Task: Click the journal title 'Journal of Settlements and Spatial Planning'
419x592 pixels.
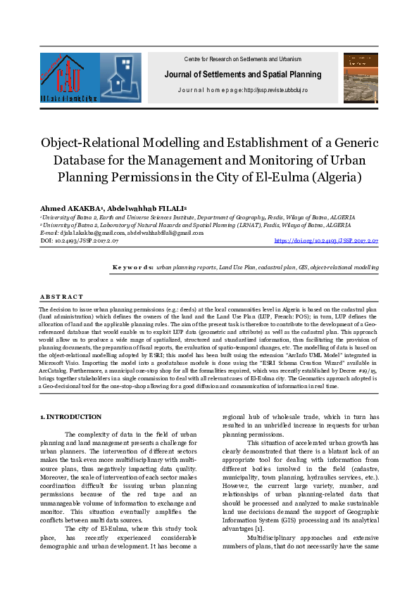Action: (x=242, y=75)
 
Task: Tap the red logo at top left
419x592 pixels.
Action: (x=68, y=78)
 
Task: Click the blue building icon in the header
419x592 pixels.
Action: (x=120, y=77)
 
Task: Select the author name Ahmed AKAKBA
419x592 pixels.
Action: (x=66, y=209)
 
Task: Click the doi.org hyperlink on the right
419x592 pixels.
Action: (x=326, y=240)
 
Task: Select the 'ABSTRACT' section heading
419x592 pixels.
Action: (x=61, y=297)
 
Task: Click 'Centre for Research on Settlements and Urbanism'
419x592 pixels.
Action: (x=242, y=59)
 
